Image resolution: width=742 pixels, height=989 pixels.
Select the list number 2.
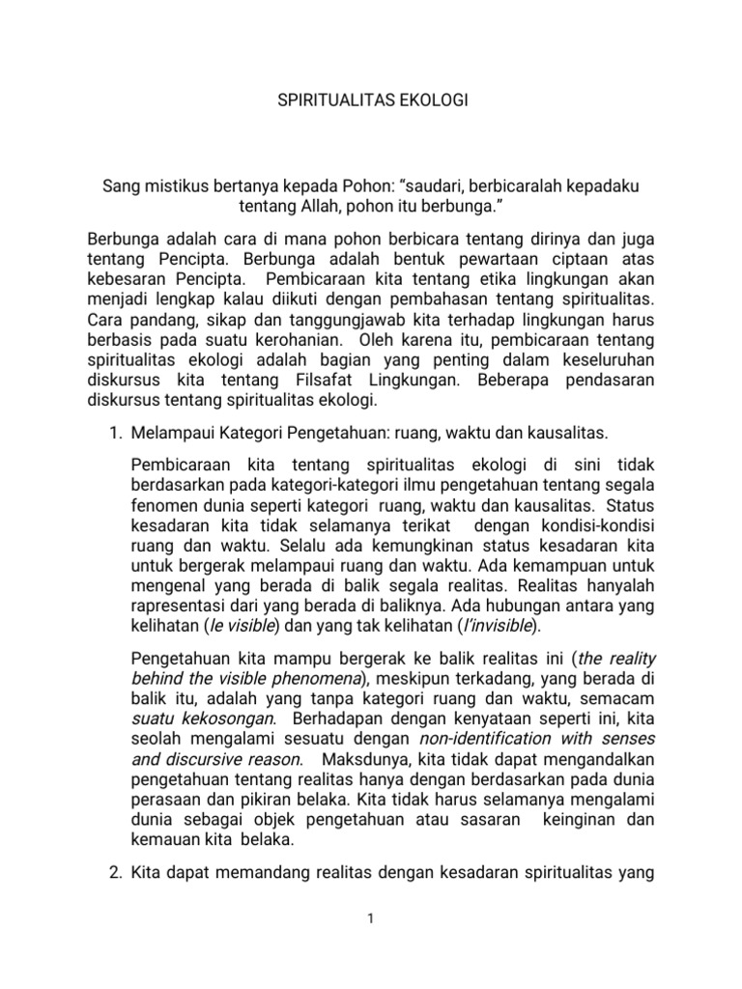[x=112, y=875]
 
